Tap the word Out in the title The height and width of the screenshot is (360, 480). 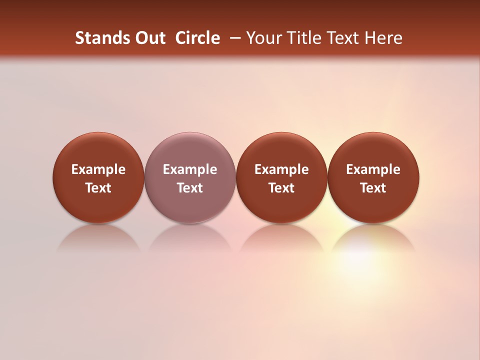pos(148,38)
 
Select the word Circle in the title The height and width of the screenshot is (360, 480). pos(197,38)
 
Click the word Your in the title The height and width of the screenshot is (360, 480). pos(262,38)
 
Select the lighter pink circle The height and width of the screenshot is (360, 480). pos(190,150)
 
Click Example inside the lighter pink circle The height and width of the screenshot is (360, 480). pos(190,169)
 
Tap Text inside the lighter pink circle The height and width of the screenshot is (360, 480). pos(190,188)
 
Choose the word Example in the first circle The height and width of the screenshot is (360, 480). pos(98,169)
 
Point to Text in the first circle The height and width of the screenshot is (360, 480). pos(98,188)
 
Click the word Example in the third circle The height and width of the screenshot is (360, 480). pos(281,169)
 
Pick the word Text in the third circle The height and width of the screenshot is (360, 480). pos(281,188)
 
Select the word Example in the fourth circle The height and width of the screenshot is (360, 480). pos(373,169)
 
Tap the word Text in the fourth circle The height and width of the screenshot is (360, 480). pos(373,188)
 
